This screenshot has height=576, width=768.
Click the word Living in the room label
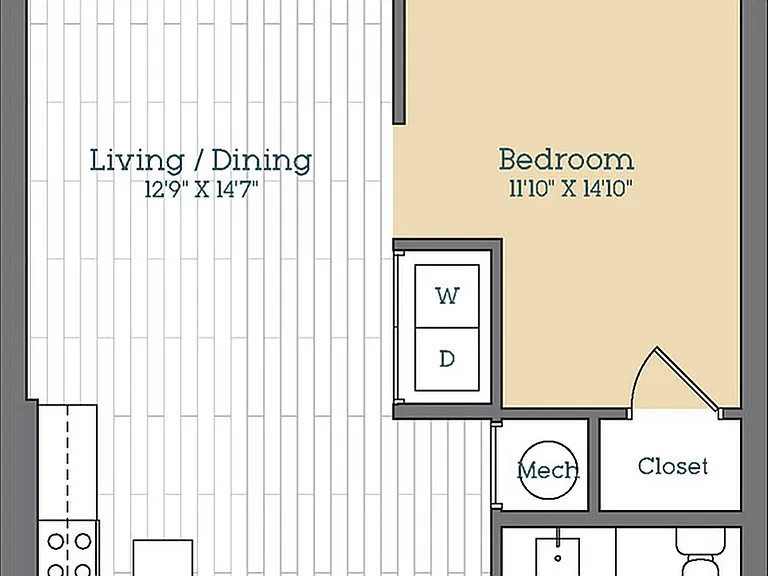(137, 161)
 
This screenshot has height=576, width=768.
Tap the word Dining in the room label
(262, 161)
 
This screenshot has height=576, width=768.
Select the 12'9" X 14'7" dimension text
(201, 189)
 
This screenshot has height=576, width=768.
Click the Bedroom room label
(566, 160)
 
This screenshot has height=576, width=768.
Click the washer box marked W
(447, 296)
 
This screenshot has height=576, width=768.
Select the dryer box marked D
(447, 359)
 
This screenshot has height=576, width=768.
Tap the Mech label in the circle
(549, 470)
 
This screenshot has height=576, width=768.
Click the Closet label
(673, 466)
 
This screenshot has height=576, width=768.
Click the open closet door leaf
(688, 377)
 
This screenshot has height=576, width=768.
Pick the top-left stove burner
(55, 542)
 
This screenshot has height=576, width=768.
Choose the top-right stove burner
(83, 542)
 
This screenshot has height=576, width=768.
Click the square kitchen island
(163, 558)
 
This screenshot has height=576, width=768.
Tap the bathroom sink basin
(557, 557)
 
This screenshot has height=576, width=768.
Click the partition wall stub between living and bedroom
(400, 62)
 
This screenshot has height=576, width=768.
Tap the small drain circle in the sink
(557, 558)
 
